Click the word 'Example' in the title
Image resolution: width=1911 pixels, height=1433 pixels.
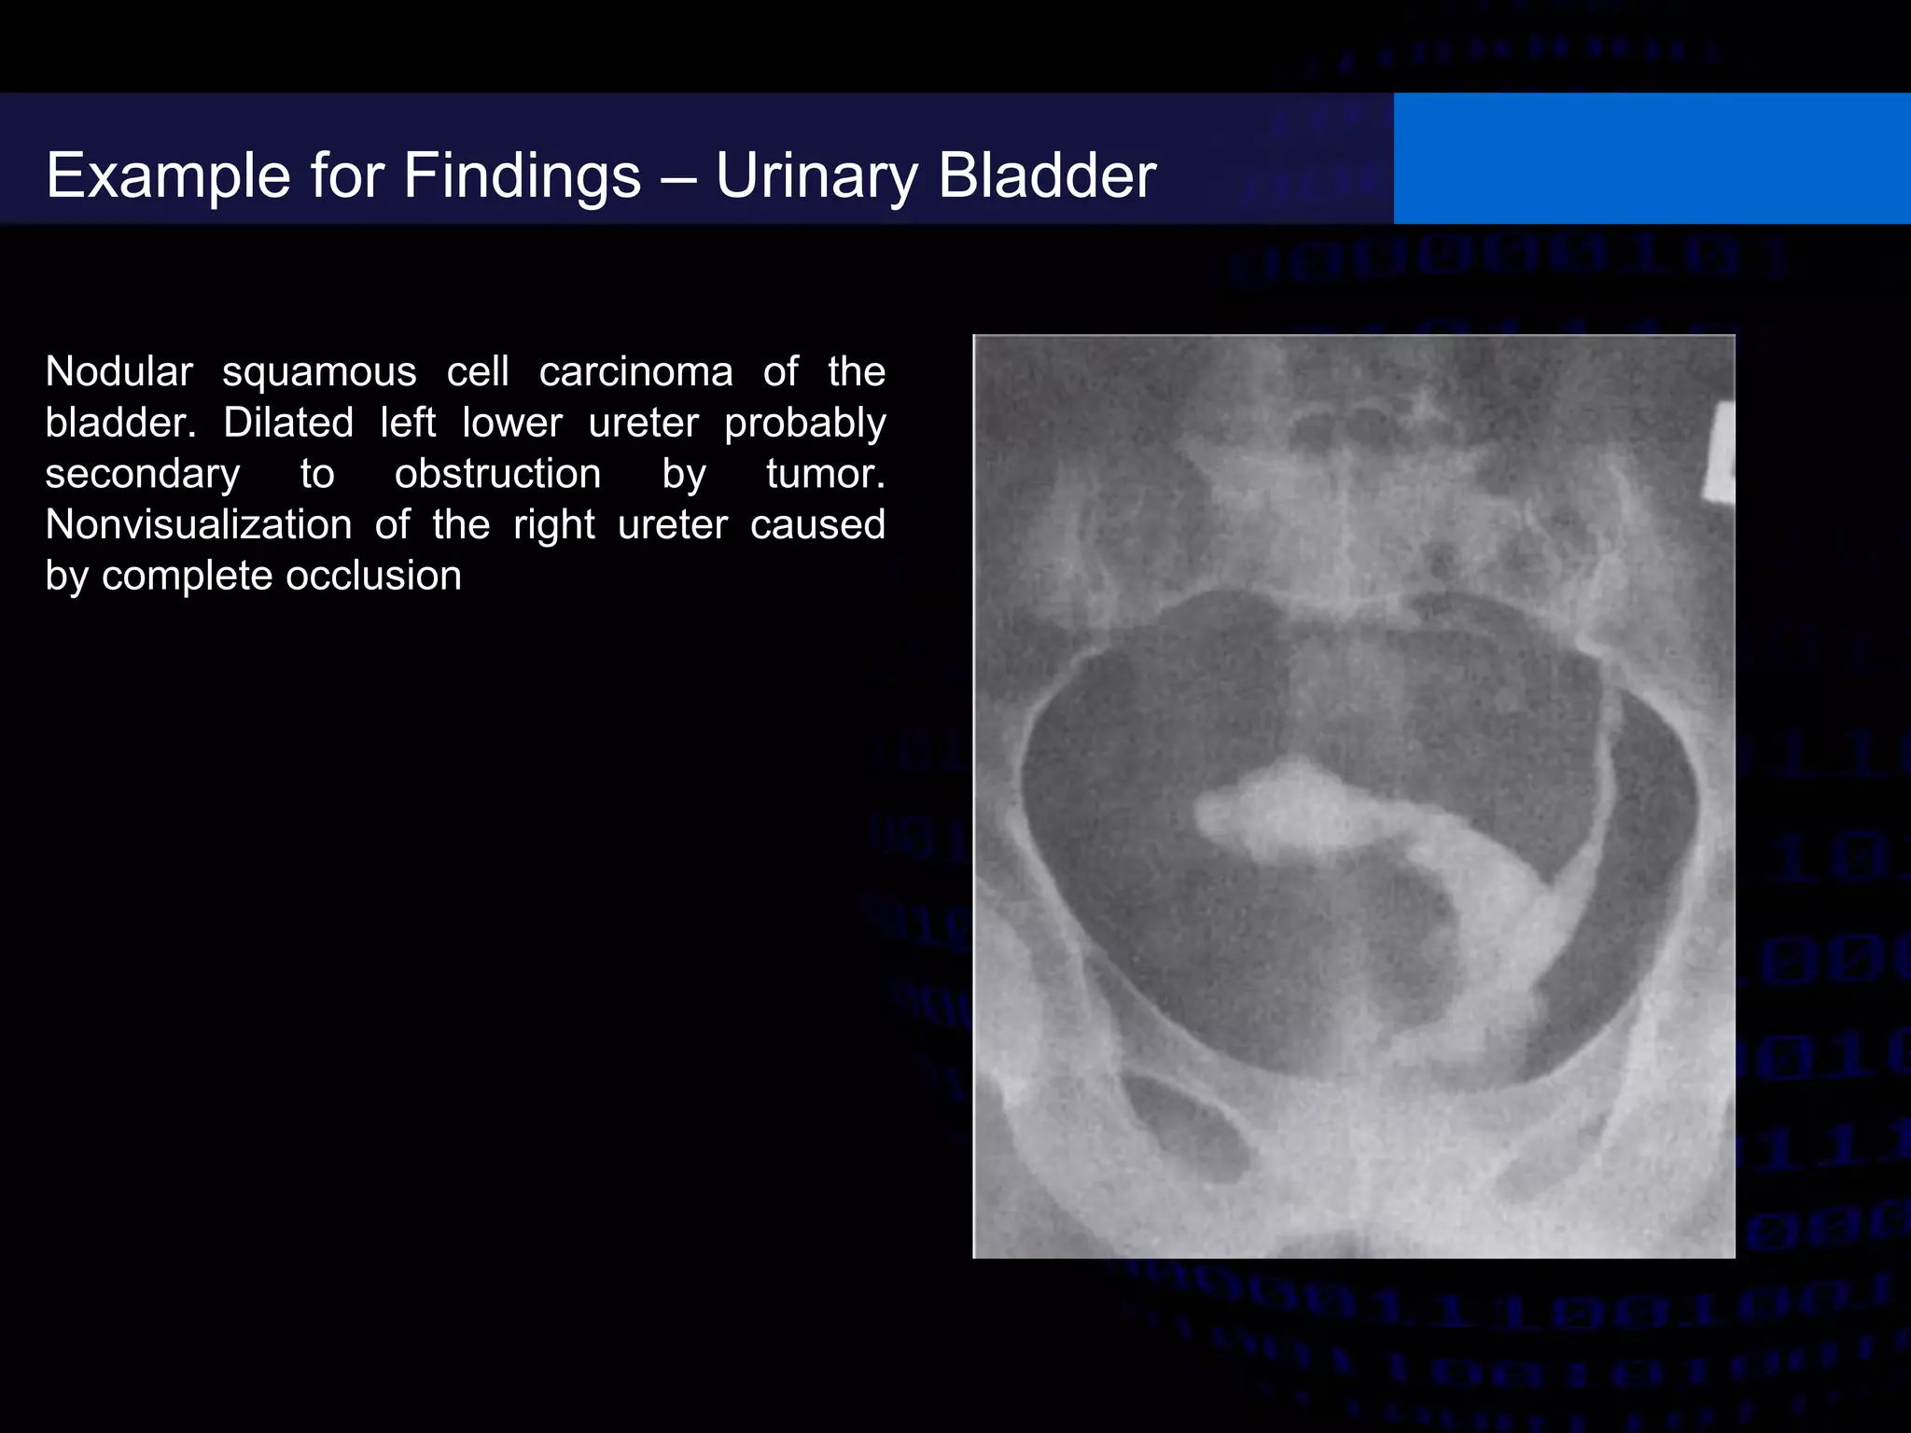click(169, 176)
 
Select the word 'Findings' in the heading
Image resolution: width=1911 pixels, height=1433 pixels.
click(522, 176)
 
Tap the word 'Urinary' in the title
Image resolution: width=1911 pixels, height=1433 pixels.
click(816, 176)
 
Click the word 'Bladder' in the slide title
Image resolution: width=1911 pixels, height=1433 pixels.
click(1047, 176)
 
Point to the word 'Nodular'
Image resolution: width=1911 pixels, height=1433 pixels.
click(119, 372)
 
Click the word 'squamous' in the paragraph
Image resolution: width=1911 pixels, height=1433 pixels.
click(319, 372)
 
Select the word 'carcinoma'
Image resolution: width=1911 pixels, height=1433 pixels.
click(636, 372)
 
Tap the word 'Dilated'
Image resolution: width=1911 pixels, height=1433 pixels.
click(288, 424)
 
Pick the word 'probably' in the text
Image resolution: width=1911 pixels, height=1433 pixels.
click(805, 424)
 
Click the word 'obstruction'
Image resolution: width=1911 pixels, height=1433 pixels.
click(497, 474)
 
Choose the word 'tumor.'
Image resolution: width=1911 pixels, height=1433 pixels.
click(826, 474)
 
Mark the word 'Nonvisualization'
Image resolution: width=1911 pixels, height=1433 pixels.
click(199, 525)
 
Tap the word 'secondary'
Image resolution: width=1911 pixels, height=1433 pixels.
click(143, 474)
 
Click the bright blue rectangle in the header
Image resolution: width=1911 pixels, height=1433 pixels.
click(1652, 159)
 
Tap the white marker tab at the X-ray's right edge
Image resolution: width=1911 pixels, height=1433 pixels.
click(1720, 452)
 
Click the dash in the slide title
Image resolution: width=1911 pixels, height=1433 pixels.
click(678, 176)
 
